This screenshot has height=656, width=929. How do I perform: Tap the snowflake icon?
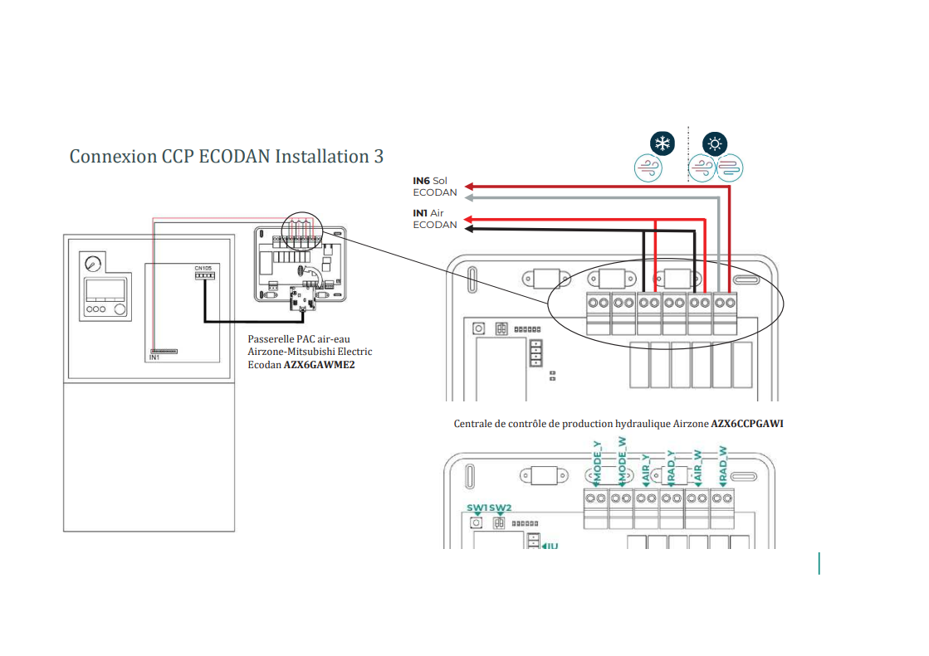(x=662, y=143)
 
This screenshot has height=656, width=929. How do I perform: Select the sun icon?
(x=715, y=143)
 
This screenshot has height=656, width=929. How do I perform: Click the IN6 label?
(x=423, y=181)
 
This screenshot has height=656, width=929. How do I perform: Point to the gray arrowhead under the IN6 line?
(x=469, y=198)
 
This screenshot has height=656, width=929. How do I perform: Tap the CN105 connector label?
(x=204, y=268)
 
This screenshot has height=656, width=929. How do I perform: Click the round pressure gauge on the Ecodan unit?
(x=92, y=263)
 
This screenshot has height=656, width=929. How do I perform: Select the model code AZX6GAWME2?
(x=320, y=363)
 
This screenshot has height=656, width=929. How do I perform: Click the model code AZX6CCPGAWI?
(x=747, y=424)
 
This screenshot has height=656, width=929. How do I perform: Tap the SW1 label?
(x=477, y=508)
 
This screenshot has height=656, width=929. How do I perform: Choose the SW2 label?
(x=500, y=508)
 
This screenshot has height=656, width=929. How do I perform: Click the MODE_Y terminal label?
(x=596, y=467)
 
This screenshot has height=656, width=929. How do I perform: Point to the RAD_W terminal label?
(x=723, y=467)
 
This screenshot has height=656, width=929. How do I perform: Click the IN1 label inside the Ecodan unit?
(x=154, y=357)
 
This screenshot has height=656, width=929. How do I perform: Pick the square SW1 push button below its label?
(x=477, y=523)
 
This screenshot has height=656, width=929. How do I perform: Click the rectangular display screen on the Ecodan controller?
(x=105, y=289)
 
